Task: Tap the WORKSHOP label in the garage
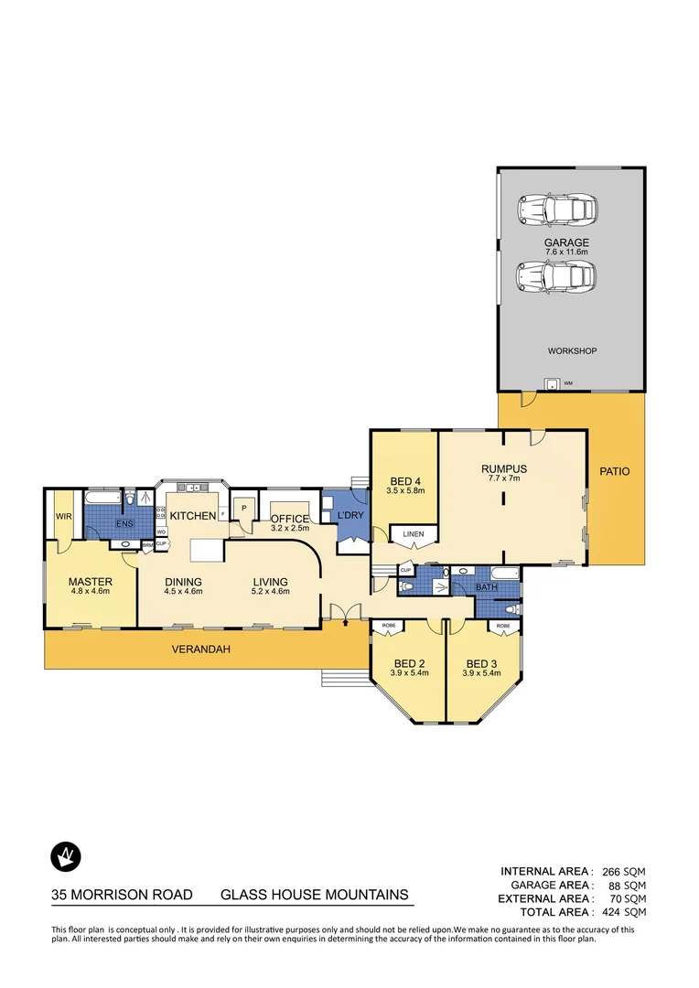pyautogui.click(x=573, y=351)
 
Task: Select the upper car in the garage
pyautogui.click(x=556, y=209)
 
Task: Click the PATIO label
pyautogui.click(x=615, y=472)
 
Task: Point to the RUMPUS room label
pyautogui.click(x=504, y=468)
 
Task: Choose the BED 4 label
pyautogui.click(x=403, y=481)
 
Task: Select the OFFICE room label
pyautogui.click(x=289, y=519)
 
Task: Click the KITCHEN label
pyautogui.click(x=192, y=516)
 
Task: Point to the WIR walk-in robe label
pyautogui.click(x=63, y=516)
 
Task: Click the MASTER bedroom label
pyautogui.click(x=90, y=582)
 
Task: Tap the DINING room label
pyautogui.click(x=183, y=582)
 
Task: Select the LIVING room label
pyautogui.click(x=271, y=582)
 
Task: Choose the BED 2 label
pyautogui.click(x=407, y=664)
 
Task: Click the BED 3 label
pyautogui.click(x=482, y=664)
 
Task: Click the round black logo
pyautogui.click(x=65, y=856)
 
